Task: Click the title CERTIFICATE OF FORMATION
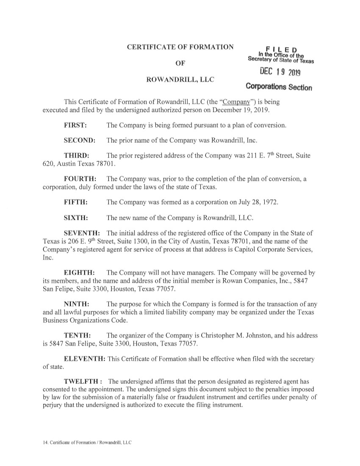click(180, 47)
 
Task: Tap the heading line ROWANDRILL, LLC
click(180, 79)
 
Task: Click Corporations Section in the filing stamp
click(279, 87)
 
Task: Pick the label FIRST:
click(75, 126)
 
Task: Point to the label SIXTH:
click(76, 218)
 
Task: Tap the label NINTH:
click(76, 304)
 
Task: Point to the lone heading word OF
click(180, 63)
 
